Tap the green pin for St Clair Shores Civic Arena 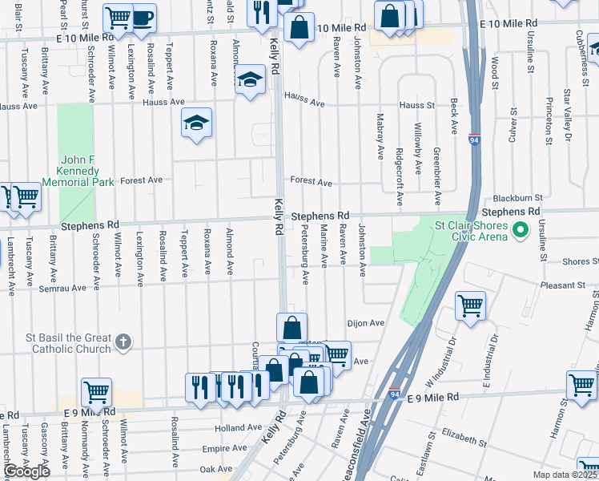pos(521,232)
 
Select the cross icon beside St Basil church pos(123,342)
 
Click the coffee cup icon pos(143,18)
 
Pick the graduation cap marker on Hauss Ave pos(250,79)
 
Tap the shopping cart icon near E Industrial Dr pos(470,305)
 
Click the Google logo pos(26,471)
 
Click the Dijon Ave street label pos(366,323)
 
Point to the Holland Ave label pos(239,429)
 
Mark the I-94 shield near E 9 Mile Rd pos(395,395)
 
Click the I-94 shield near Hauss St pos(474,139)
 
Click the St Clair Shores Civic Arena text pos(472,232)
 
